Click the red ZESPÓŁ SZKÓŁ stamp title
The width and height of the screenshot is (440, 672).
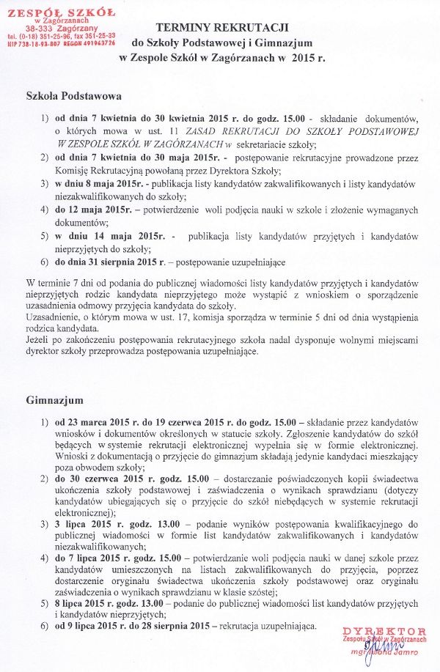point(61,12)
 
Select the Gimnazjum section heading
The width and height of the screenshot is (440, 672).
point(54,401)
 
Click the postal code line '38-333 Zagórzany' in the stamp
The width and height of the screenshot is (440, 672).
point(61,28)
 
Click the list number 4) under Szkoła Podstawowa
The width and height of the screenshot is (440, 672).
point(45,210)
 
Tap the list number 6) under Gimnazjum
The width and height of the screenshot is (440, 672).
point(45,627)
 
